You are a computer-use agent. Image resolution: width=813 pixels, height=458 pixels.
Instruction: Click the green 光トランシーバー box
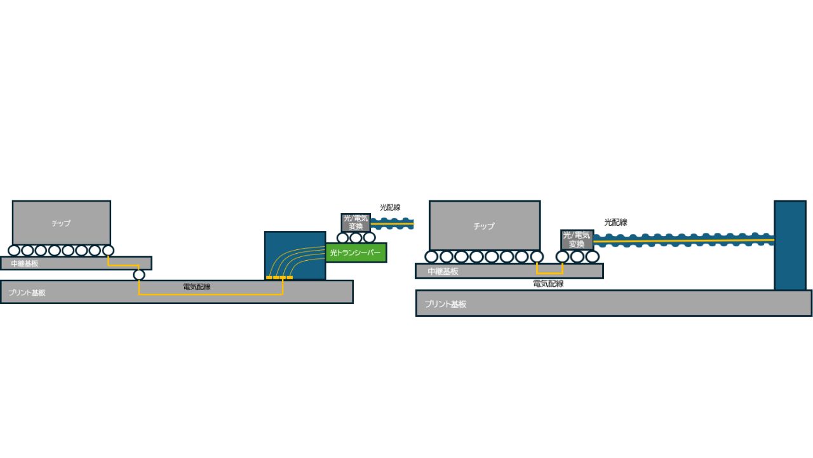pos(356,253)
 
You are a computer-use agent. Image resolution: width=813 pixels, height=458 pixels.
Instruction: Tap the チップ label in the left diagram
pos(61,223)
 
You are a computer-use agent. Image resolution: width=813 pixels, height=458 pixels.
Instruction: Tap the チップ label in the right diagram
pos(484,226)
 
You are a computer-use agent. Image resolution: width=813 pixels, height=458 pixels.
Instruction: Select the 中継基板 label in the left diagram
pos(25,263)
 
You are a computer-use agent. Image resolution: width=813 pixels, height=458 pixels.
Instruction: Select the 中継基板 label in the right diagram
pos(443,271)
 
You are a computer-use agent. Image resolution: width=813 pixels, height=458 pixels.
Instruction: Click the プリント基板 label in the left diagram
pos(27,293)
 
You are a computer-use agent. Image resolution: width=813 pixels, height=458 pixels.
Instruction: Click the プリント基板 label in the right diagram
pos(445,304)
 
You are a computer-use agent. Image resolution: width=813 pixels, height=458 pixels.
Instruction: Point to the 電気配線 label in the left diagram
pos(197,287)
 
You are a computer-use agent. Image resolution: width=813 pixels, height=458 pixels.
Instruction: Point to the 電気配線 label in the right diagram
pos(548,284)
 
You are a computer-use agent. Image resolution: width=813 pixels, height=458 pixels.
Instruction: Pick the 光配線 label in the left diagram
pos(390,207)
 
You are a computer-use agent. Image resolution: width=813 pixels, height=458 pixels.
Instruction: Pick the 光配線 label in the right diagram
pos(615,222)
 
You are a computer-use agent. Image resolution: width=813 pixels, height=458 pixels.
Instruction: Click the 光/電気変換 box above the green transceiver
pos(356,223)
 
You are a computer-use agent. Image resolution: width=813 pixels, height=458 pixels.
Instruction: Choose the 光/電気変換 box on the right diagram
pos(577,240)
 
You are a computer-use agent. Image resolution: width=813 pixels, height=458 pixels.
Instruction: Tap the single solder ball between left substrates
pos(139,275)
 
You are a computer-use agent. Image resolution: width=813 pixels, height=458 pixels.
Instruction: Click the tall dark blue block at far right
pos(790,246)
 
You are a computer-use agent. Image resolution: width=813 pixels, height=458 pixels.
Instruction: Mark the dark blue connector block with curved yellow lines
pos(295,255)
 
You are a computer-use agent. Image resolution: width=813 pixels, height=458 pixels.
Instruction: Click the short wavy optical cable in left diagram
pos(393,223)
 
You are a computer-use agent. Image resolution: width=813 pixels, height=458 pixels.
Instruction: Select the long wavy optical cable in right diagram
pos(684,240)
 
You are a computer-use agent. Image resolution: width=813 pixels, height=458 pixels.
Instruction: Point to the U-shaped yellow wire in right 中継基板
pos(549,273)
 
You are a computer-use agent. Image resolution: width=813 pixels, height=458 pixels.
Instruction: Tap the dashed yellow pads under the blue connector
pos(279,278)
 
